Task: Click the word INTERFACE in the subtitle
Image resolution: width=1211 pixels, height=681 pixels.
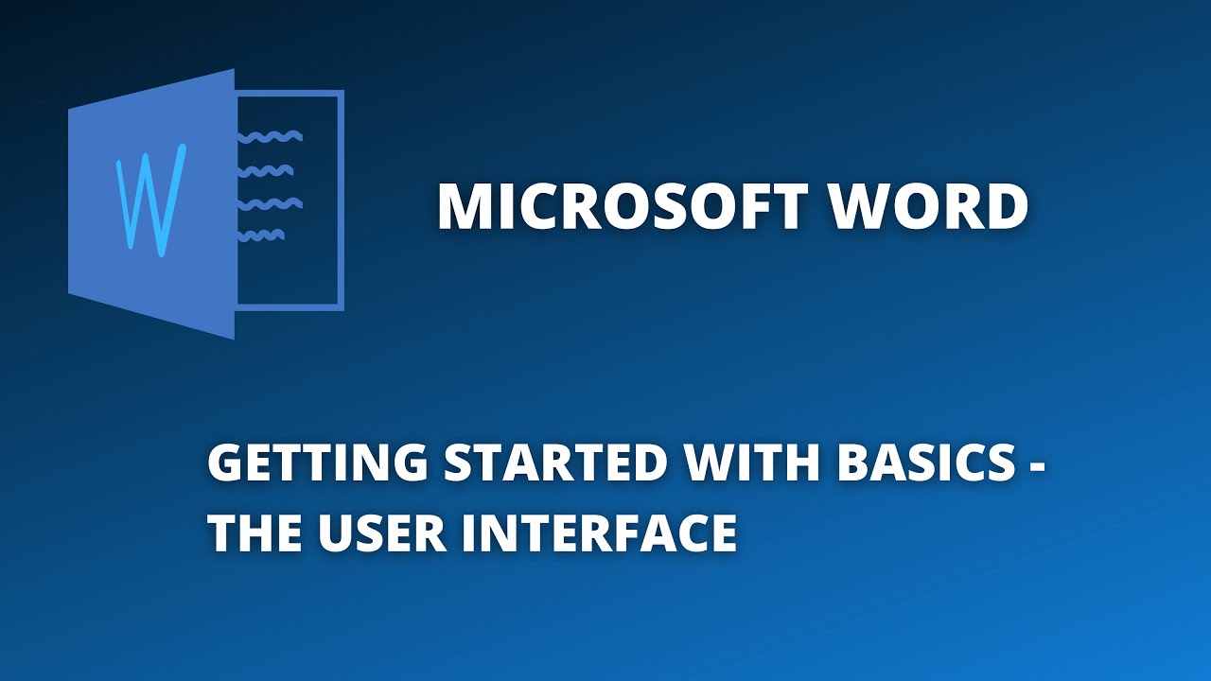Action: tap(600, 533)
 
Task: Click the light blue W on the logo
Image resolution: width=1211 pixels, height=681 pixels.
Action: tap(149, 200)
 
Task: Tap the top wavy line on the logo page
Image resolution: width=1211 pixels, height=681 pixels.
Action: tap(270, 137)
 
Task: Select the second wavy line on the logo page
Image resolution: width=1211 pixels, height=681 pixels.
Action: tap(265, 171)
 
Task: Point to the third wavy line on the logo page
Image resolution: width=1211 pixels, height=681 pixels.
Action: tap(270, 203)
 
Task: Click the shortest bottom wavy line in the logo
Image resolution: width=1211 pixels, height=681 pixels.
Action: tap(261, 235)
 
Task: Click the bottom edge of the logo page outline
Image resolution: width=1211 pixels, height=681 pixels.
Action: tap(289, 306)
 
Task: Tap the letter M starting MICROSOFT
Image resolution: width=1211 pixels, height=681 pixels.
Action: tap(462, 207)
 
